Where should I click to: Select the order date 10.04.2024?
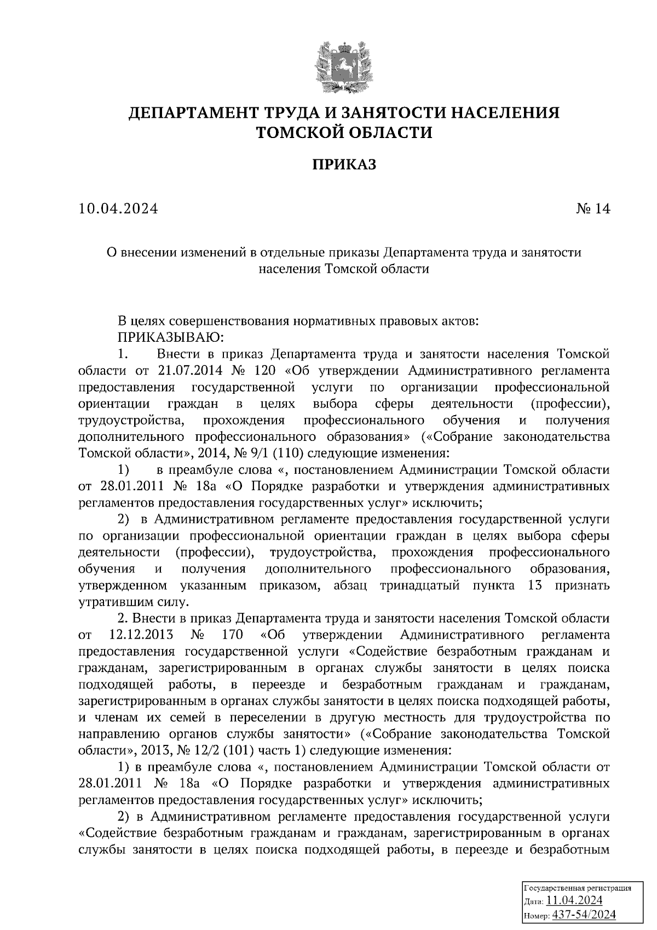(x=118, y=209)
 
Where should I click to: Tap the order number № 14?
(x=592, y=209)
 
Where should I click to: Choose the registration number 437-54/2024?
(x=584, y=914)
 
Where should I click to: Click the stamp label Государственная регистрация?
(x=578, y=887)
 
